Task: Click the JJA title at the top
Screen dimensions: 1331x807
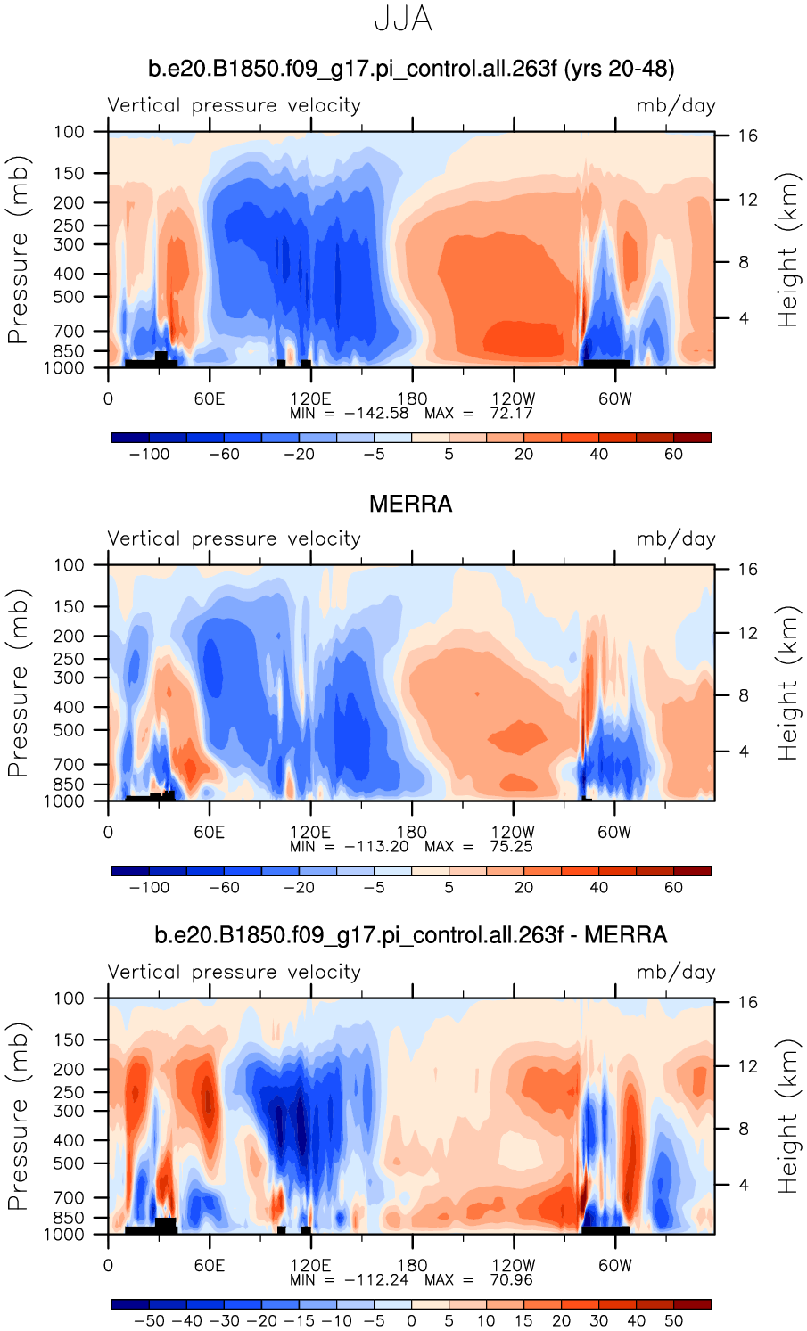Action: click(x=403, y=20)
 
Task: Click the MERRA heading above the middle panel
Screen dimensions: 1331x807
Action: click(x=410, y=505)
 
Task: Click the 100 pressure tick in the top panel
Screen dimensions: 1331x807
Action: click(x=69, y=132)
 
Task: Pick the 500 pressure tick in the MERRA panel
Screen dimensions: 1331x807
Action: click(x=69, y=730)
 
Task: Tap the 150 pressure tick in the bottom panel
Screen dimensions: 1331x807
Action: click(x=69, y=1039)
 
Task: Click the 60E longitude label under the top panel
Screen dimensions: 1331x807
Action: click(x=210, y=399)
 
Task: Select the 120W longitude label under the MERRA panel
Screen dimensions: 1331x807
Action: click(x=514, y=833)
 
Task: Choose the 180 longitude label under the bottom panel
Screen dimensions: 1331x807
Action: click(x=412, y=1266)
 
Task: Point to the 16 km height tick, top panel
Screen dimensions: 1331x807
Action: click(x=747, y=136)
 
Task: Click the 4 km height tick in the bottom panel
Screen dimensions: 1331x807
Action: click(x=743, y=1185)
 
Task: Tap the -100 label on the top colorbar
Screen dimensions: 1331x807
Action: click(x=149, y=455)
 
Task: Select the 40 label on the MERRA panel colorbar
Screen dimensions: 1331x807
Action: click(x=598, y=888)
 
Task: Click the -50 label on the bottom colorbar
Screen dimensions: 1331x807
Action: click(x=149, y=1321)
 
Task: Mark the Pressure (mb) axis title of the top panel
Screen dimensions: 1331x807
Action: click(x=18, y=250)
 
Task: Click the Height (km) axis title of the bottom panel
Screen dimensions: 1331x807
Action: click(x=786, y=1116)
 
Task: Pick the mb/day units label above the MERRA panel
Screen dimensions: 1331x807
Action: click(x=675, y=539)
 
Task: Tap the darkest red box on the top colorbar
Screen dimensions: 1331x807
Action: click(x=692, y=438)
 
